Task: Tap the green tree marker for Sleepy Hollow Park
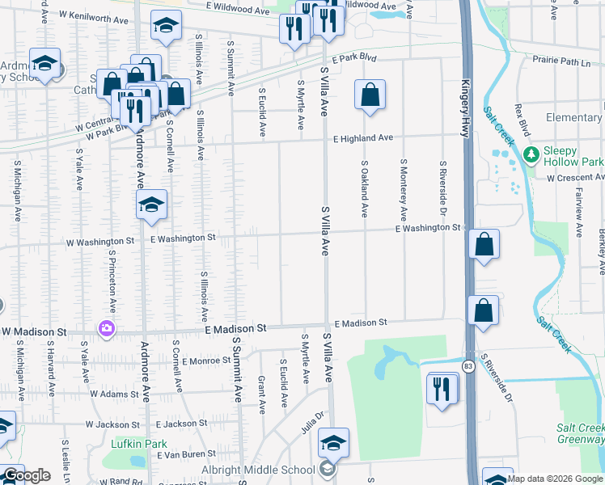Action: (531, 154)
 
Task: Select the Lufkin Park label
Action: (133, 444)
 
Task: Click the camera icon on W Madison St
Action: (107, 328)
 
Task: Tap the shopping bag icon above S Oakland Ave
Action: (369, 95)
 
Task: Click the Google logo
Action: (27, 475)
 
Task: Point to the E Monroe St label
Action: (207, 361)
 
